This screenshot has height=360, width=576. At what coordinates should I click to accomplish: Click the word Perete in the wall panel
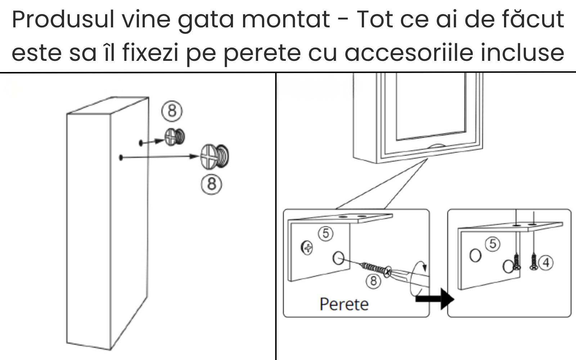(x=344, y=305)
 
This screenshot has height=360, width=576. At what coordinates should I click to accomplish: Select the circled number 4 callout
(x=546, y=263)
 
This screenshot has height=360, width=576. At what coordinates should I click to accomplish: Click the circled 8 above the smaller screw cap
(x=172, y=111)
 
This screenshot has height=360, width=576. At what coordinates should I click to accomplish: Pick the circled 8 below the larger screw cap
(x=211, y=184)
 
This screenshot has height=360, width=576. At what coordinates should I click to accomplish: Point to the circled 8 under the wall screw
(x=373, y=281)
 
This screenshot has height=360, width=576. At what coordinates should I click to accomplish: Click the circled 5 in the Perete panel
(x=326, y=234)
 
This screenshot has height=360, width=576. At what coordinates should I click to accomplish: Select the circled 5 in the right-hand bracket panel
(x=493, y=244)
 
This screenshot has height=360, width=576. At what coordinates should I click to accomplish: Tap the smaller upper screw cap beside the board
(x=175, y=137)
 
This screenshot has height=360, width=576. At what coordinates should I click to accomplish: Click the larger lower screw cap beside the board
(x=215, y=157)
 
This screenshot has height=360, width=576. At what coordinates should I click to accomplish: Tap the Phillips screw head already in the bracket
(x=306, y=248)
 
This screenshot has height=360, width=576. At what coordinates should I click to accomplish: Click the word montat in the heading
(x=286, y=19)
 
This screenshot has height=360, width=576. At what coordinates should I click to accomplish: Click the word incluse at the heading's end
(x=522, y=53)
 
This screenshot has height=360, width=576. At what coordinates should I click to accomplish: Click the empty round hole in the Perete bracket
(x=338, y=258)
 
